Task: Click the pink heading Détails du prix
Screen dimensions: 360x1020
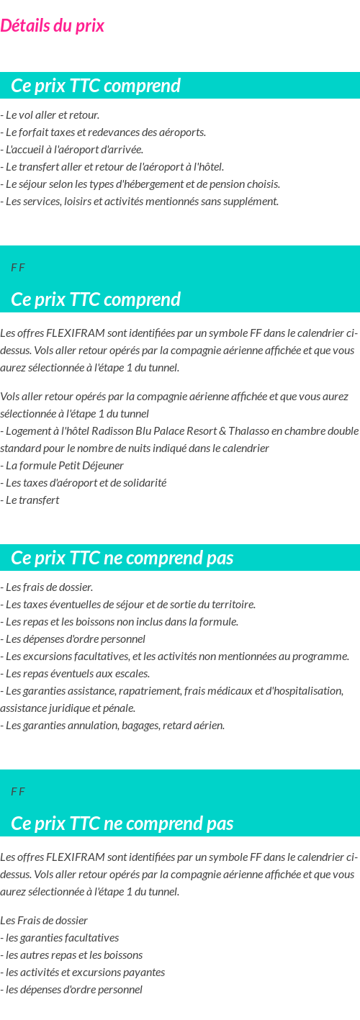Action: [x=52, y=26]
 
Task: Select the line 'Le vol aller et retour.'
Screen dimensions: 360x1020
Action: [x=50, y=115]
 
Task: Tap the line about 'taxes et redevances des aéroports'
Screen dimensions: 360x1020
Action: [x=104, y=132]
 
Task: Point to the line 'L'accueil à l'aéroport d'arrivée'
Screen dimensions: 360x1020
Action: [x=72, y=150]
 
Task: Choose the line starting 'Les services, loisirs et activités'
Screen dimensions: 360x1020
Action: [x=140, y=202]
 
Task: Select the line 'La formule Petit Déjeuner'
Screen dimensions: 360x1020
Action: [x=63, y=466]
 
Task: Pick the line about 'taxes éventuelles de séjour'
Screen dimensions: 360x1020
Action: [x=128, y=605]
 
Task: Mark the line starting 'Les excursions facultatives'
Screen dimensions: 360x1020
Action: [x=175, y=656]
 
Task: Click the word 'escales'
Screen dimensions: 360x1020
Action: [x=132, y=674]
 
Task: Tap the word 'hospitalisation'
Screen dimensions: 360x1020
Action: [x=307, y=691]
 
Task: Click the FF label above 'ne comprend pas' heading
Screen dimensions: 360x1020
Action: [x=18, y=792]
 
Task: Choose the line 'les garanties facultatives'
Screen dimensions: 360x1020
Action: [x=60, y=938]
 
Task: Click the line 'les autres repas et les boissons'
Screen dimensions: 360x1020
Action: [x=71, y=955]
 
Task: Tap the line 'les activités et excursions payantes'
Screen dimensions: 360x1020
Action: [x=83, y=972]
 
